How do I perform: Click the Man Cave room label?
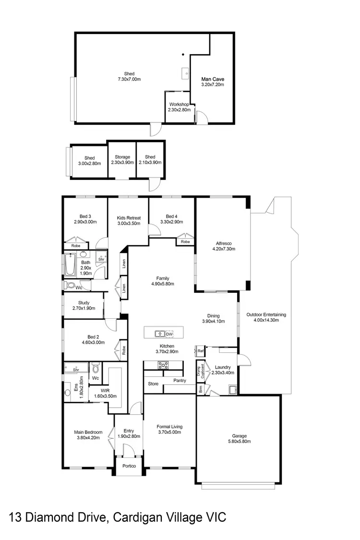click(213, 79)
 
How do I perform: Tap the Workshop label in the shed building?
click(179, 104)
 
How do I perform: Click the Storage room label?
click(122, 157)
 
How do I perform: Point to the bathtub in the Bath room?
click(70, 265)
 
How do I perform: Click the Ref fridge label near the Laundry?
click(201, 351)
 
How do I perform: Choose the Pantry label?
click(180, 380)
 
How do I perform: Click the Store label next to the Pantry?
click(153, 384)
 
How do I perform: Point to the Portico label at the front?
click(128, 466)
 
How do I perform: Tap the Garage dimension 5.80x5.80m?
click(239, 442)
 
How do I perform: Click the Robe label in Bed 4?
click(185, 242)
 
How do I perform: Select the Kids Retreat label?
click(128, 218)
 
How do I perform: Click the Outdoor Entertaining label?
click(266, 315)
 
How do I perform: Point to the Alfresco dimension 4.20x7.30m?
click(223, 249)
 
